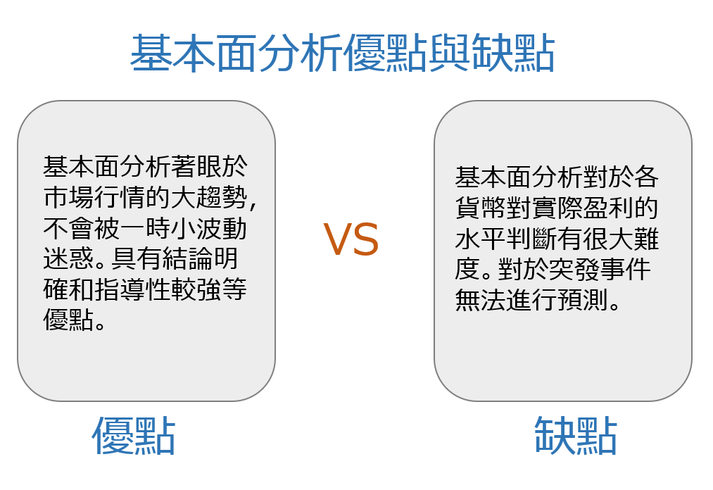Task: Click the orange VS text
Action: click(351, 239)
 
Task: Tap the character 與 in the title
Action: click(449, 54)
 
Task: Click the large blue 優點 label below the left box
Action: click(134, 436)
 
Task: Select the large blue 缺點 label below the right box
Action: click(576, 436)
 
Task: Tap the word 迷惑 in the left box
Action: click(69, 258)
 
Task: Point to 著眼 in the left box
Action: click(196, 167)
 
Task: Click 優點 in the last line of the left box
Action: click(69, 320)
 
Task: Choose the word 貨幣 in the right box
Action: click(481, 208)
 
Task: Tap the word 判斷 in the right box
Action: click(531, 239)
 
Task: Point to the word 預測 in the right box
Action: click(583, 301)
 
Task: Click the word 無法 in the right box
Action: click(481, 301)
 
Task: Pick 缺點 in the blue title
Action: click(512, 54)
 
